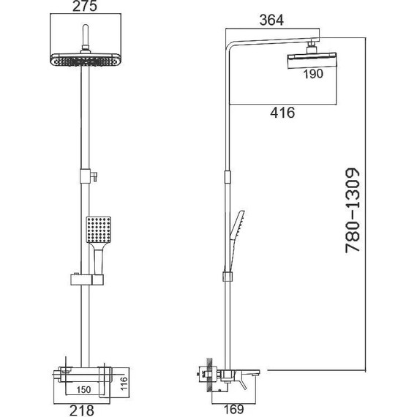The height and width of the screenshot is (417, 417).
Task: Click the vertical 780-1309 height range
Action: (x=355, y=210)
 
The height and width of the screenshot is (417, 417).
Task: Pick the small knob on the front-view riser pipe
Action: (x=93, y=176)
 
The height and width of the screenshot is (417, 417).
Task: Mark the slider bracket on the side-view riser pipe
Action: (x=228, y=277)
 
